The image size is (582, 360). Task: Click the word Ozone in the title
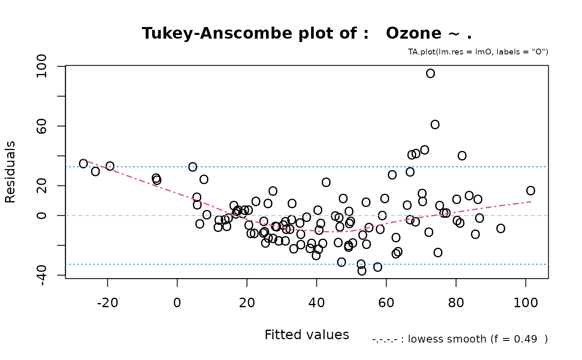coord(417,33)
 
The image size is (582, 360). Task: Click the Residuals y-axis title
coord(10,172)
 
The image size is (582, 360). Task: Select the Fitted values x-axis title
coord(306,335)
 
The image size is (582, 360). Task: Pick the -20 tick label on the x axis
coord(107,303)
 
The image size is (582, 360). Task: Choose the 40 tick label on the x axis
coord(316,303)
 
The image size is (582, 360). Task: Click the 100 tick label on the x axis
coord(525,303)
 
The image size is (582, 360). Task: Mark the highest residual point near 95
coord(430,74)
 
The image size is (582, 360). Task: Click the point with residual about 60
coord(435,124)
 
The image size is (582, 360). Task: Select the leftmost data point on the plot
coord(83,163)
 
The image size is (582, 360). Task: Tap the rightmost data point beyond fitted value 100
coord(530,190)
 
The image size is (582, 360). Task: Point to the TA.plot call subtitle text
coord(478,52)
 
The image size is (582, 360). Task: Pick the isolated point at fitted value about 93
coord(501,228)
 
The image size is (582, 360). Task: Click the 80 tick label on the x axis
coord(456,303)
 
